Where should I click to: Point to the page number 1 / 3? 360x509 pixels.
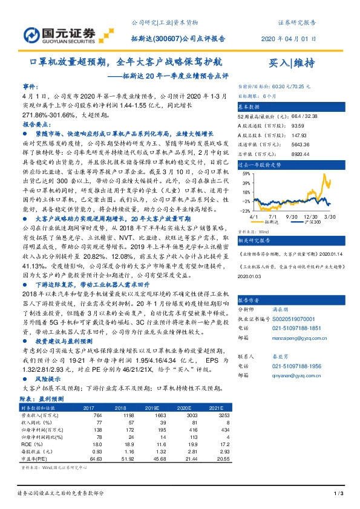point(339,494)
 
